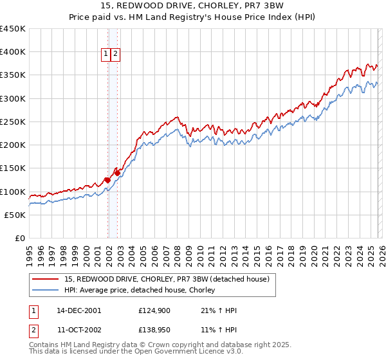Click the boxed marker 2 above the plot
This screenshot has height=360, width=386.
point(115,55)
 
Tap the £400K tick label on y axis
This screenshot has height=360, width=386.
point(13,52)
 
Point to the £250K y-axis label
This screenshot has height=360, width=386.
point(13,122)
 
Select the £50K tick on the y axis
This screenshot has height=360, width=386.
point(15,215)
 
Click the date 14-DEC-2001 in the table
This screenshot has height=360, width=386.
point(79,310)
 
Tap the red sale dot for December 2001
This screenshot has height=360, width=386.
point(107,180)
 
